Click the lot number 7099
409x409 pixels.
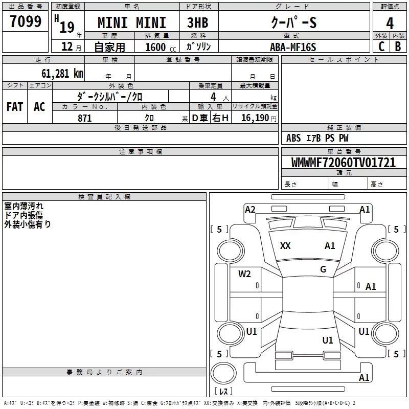tap(26, 21)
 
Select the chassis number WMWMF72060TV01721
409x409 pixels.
tap(343, 163)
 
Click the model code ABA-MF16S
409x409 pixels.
tap(293, 47)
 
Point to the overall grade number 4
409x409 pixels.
tap(390, 23)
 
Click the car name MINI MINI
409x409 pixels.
tap(132, 23)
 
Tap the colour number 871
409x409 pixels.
tap(84, 118)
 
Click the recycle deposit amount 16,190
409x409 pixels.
tap(255, 118)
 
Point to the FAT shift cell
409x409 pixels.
tap(15, 106)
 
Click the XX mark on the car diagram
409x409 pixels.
tap(285, 246)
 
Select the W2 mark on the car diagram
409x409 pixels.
tap(244, 274)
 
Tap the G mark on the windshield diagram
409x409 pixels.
tap(323, 269)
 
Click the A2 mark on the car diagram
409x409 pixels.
tap(250, 209)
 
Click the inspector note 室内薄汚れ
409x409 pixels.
tap(24, 206)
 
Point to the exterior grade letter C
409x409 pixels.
tap(381, 47)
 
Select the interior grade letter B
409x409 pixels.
tap(398, 47)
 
